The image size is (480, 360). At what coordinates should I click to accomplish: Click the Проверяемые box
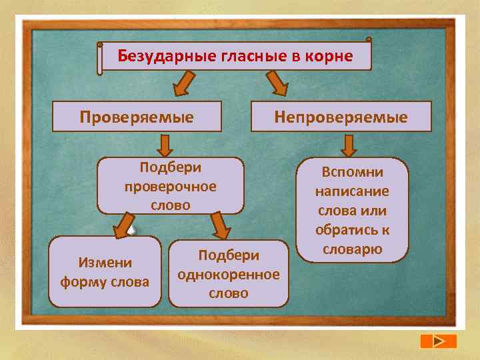[x=137, y=117]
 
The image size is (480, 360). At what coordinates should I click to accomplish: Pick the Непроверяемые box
[x=341, y=117]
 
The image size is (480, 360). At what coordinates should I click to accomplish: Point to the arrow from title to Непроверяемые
[x=276, y=84]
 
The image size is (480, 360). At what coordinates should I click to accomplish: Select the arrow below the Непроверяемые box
[x=349, y=145]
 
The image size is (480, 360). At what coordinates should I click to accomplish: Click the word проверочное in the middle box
[x=171, y=187]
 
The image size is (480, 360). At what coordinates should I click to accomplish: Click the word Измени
[x=105, y=263]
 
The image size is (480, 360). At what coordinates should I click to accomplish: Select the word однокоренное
[x=228, y=274]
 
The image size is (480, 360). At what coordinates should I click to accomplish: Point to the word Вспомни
[x=353, y=172]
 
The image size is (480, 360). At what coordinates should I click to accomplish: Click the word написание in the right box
[x=353, y=191]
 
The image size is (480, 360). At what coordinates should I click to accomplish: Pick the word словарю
[x=353, y=249]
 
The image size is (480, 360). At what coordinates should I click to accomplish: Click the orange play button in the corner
[x=438, y=341]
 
